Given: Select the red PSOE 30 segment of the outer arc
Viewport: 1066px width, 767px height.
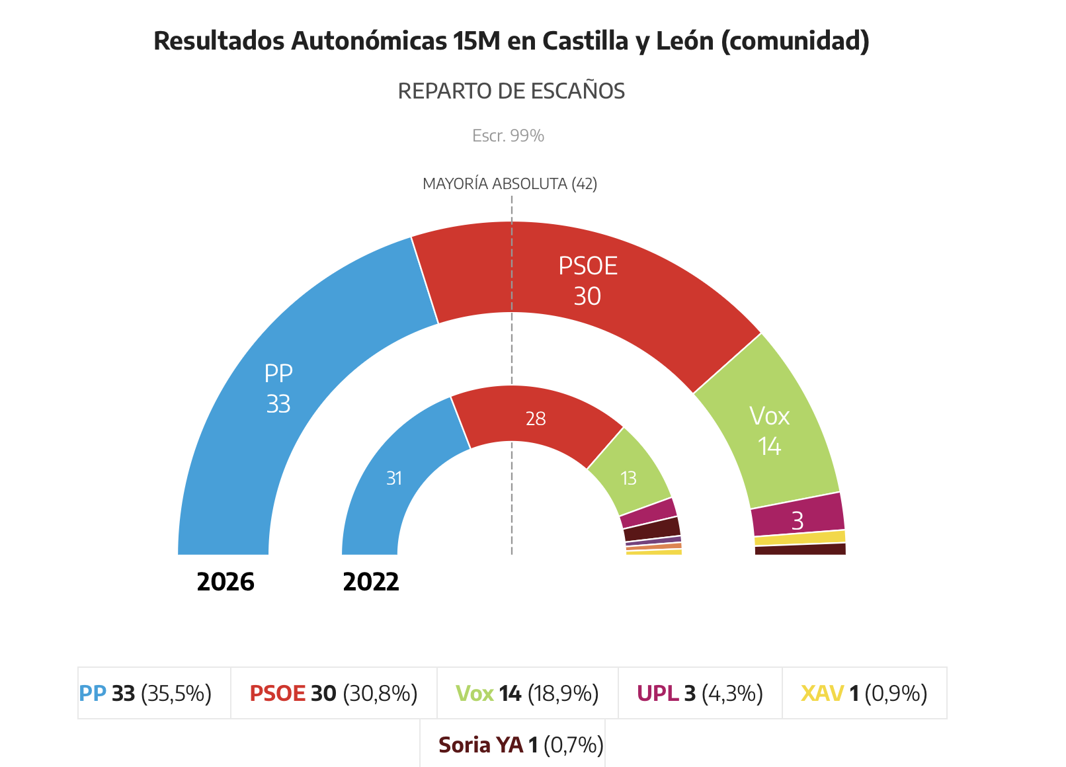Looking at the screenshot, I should tap(587, 281).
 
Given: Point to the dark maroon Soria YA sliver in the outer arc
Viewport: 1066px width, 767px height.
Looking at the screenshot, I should tap(800, 549).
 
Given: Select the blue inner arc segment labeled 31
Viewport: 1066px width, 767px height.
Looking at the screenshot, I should tap(394, 477).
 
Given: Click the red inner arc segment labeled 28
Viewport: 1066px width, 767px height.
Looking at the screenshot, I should tap(535, 419).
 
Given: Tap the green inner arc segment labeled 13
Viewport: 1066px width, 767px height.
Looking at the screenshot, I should tap(628, 477).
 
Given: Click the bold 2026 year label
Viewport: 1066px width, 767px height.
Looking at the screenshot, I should tap(225, 582).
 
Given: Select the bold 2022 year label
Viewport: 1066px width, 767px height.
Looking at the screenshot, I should tap(371, 582).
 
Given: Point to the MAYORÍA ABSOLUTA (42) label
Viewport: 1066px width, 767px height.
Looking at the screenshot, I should tap(510, 184).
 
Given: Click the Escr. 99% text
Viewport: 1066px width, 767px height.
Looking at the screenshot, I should tap(508, 136).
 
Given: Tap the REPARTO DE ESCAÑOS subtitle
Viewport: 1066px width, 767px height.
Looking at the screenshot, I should tap(511, 91).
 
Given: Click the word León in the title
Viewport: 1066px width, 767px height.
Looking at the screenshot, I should tap(684, 41).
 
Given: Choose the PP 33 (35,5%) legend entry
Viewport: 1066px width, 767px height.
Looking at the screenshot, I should tap(145, 693).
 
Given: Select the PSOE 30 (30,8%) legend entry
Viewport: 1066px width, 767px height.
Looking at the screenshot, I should tap(333, 693).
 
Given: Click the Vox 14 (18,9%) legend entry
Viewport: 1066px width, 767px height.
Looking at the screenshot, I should tap(527, 693).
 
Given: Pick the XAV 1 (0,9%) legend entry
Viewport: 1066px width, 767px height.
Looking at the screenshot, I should tap(864, 693).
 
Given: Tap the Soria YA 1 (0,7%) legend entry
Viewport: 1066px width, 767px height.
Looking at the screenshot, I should tap(520, 745).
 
